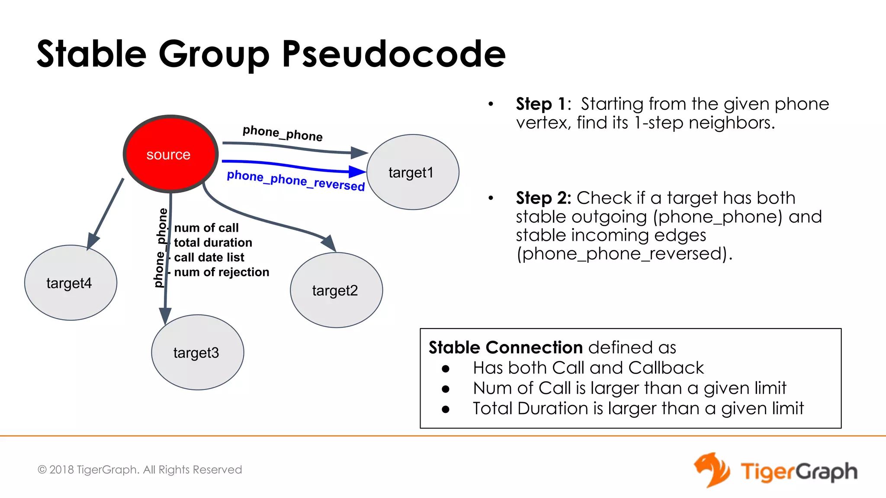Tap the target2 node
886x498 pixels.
[336, 290]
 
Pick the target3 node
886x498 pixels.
[197, 352]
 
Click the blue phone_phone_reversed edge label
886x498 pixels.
[296, 180]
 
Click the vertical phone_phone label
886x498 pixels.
[161, 248]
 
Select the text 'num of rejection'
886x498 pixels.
[221, 272]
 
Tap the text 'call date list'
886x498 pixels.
[209, 257]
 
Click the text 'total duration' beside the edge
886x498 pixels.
[213, 243]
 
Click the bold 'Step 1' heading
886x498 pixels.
[541, 104]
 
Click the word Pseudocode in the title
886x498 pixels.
[394, 54]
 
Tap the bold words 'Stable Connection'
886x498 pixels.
[506, 348]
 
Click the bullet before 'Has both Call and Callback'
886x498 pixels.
[446, 369]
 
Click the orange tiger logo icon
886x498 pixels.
[711, 470]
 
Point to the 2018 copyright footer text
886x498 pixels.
[140, 469]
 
